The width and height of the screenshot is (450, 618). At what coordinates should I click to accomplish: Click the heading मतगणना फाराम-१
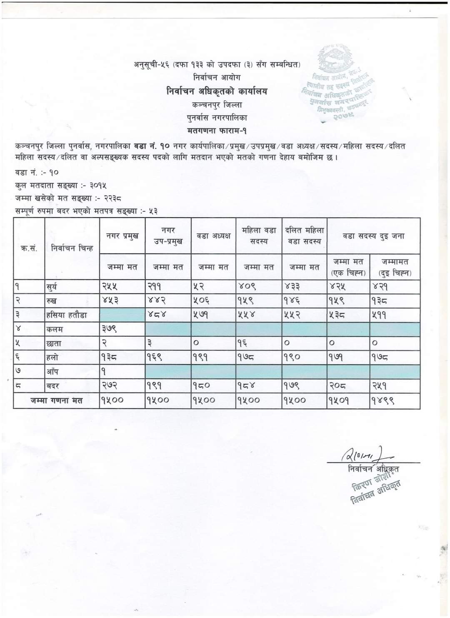point(216,131)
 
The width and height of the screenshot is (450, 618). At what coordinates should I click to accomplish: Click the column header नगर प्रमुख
point(122,236)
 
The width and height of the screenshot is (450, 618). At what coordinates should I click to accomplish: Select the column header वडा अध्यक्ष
point(213,236)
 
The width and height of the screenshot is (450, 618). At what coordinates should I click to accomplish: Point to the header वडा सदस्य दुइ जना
point(373,236)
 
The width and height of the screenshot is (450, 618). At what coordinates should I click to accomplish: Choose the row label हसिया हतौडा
point(66,315)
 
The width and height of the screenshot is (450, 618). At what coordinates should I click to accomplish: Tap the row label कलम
point(54,329)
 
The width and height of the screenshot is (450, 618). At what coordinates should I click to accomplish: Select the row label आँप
point(52,372)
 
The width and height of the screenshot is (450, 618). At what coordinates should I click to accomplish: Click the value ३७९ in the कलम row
point(109,329)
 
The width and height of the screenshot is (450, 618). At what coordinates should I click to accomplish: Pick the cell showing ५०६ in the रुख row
point(202,301)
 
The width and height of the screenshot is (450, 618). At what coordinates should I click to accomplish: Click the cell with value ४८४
point(156,315)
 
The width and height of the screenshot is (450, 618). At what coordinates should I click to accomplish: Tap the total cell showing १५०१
point(338,400)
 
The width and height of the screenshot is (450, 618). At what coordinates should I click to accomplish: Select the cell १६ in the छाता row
point(243,343)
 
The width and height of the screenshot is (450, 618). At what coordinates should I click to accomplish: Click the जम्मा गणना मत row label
point(57,400)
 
